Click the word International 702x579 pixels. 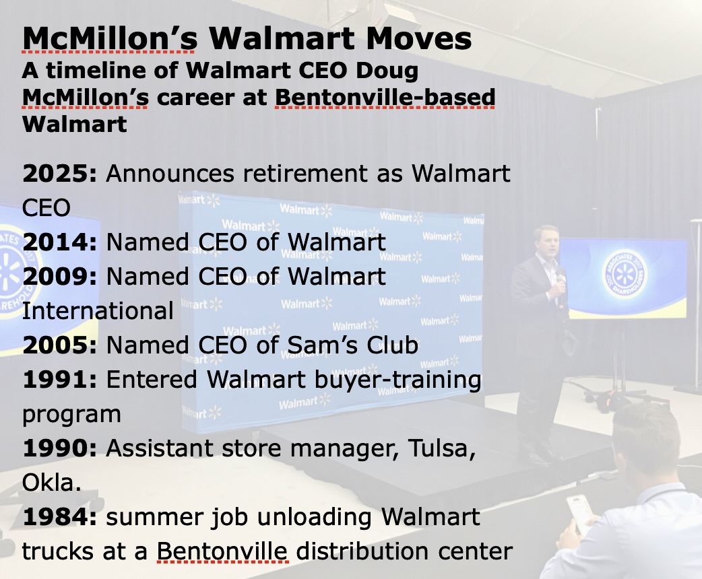click(98, 310)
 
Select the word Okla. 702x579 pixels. click(51, 482)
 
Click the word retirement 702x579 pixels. click(305, 174)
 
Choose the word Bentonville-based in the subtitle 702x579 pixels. click(385, 98)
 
